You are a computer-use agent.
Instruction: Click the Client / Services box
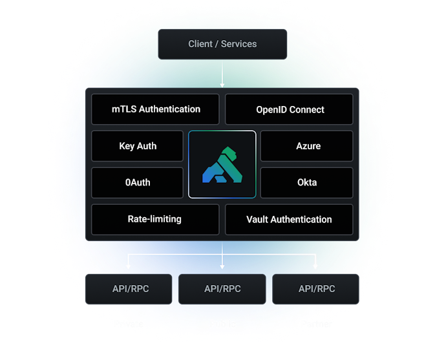click(x=222, y=44)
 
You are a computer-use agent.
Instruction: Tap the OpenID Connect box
click(x=290, y=109)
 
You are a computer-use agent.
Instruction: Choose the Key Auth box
click(x=138, y=146)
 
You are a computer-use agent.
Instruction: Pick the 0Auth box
click(x=138, y=182)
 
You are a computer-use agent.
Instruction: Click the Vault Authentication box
click(x=289, y=219)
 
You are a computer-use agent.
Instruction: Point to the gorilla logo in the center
click(x=222, y=164)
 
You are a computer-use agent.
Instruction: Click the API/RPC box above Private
click(x=128, y=289)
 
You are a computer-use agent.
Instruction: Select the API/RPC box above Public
click(x=222, y=289)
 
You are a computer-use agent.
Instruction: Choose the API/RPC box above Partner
click(x=316, y=289)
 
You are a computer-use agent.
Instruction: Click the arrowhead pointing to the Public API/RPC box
click(x=222, y=266)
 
